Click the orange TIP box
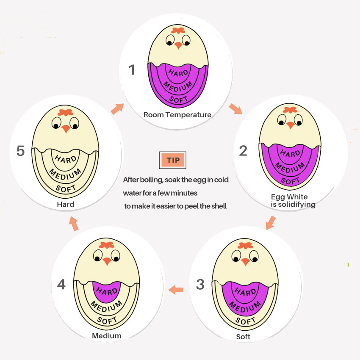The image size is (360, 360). (x=173, y=160)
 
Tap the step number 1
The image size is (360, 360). (x=132, y=69)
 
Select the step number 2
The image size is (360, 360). (x=243, y=151)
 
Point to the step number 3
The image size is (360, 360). (x=200, y=285)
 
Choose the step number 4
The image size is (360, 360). (x=61, y=285)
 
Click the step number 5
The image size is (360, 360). (x=21, y=151)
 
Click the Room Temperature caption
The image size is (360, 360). (x=177, y=115)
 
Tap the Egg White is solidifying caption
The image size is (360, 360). (x=293, y=200)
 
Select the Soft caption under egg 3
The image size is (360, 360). (x=243, y=337)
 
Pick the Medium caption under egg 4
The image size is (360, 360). (x=107, y=336)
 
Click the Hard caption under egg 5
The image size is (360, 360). (x=66, y=204)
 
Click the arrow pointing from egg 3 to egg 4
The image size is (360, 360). (x=176, y=290)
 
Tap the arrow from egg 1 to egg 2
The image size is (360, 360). (x=235, y=109)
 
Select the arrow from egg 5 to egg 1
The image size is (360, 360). (x=117, y=108)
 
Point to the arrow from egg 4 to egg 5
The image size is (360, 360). (x=74, y=223)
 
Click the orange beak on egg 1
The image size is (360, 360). (x=178, y=45)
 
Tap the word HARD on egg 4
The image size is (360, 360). (x=107, y=291)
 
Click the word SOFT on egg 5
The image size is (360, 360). (x=66, y=188)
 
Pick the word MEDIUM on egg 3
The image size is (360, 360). (x=245, y=307)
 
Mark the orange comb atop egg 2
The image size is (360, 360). (x=290, y=110)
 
